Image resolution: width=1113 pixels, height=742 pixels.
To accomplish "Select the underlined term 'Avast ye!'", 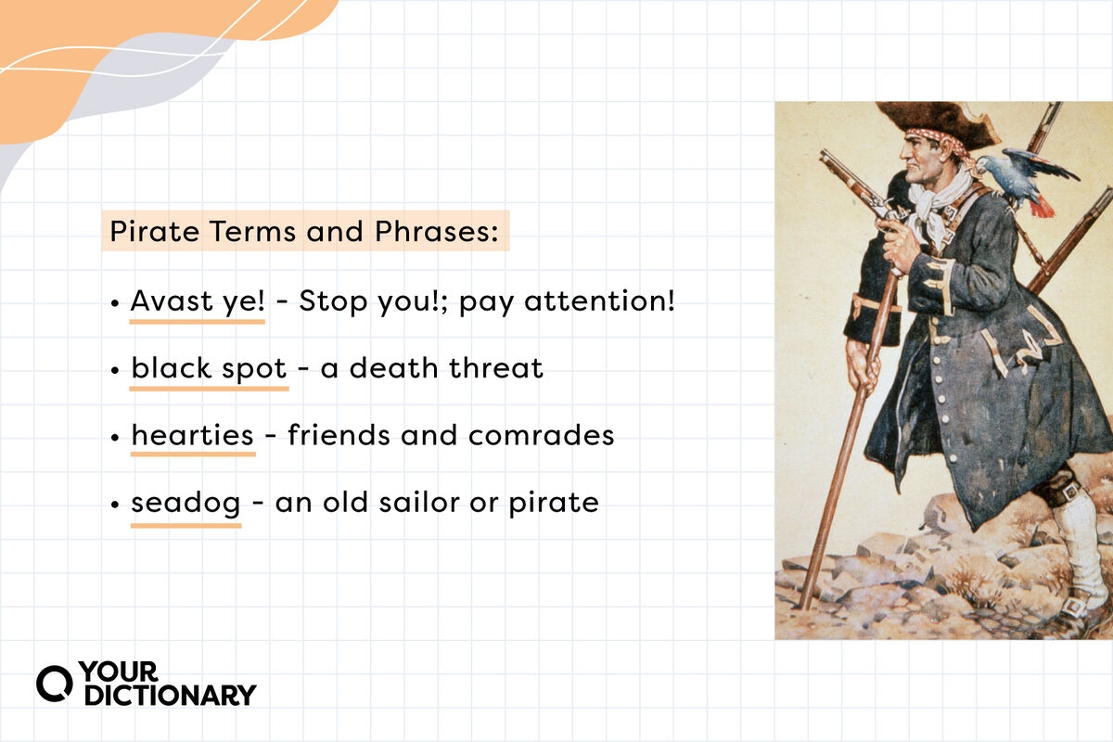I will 198,301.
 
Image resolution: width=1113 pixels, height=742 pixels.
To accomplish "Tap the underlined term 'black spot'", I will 209,368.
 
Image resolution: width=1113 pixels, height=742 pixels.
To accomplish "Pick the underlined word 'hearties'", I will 193,435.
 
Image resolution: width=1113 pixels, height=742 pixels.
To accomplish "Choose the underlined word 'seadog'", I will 185,503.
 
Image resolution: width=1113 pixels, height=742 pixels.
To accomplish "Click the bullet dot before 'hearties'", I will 114,437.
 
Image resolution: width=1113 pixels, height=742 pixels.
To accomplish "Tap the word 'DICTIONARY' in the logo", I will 170,695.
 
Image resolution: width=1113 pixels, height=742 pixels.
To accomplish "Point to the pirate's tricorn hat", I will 932,121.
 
